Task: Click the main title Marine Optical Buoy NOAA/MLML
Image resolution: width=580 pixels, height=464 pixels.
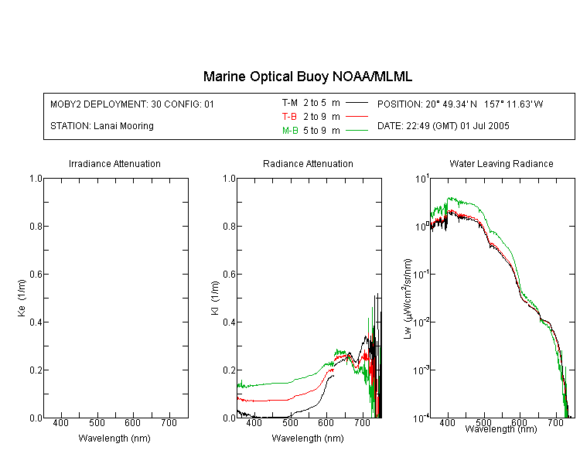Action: coord(307,77)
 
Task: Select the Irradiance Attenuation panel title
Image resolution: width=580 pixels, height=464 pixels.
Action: coord(114,163)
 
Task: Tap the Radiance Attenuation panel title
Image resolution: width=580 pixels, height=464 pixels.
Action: coord(308,163)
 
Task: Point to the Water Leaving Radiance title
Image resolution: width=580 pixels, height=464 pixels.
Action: coord(501,163)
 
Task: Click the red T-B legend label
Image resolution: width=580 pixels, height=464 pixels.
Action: coord(289,117)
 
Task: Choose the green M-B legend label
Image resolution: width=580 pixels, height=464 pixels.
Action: coord(290,131)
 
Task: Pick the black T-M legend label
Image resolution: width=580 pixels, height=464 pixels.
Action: coord(290,103)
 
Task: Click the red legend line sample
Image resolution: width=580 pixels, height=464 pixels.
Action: coord(357,117)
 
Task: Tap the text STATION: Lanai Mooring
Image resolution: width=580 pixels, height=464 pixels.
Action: coord(102,126)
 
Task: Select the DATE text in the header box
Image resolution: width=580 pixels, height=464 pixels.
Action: coord(443,126)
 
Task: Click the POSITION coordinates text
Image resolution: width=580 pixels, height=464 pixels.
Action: coord(460,104)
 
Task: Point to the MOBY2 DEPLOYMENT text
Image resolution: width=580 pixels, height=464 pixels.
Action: coord(132,104)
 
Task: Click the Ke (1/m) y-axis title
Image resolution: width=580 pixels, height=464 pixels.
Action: coord(22,298)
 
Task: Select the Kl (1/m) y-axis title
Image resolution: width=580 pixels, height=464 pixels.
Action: coord(215,298)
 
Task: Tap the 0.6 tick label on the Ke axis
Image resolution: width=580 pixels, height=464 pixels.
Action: coord(36,275)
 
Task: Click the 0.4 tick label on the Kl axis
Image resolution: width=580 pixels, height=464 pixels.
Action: coord(230,322)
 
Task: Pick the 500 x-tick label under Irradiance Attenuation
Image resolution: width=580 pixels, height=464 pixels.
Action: coord(97,423)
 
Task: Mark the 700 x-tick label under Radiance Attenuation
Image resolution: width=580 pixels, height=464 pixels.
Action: coord(363,423)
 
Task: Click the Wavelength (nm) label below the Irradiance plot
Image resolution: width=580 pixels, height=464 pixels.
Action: coord(114,438)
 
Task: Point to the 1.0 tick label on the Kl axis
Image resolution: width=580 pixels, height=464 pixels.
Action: coord(230,179)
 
